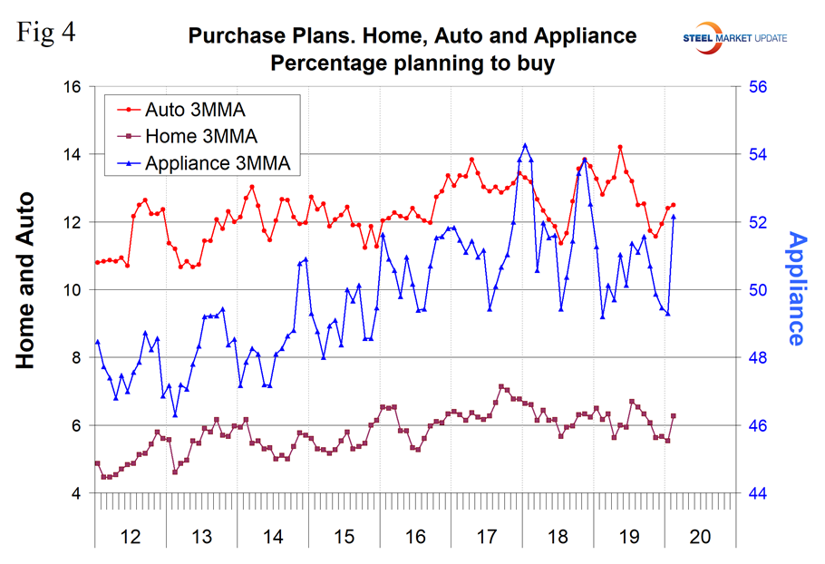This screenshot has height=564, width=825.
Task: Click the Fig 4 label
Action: click(46, 34)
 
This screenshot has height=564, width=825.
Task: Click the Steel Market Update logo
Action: click(735, 37)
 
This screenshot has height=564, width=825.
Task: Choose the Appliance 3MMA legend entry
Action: click(218, 163)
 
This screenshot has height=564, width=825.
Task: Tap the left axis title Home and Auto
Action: click(26, 280)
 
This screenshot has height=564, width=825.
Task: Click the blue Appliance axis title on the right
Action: click(795, 289)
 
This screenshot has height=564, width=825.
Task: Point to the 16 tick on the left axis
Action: click(72, 87)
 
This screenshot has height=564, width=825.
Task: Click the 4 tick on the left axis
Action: click(76, 494)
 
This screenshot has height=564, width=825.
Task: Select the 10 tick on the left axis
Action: click(72, 290)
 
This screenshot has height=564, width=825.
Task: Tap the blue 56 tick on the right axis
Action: click(758, 87)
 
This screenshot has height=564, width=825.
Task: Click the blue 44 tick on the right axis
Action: click(758, 494)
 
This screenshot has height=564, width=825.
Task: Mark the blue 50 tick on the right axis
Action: click(758, 290)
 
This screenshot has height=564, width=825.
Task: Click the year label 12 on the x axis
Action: click(131, 537)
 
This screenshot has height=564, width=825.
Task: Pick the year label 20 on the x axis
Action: click(698, 537)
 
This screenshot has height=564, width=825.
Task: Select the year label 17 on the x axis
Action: click(485, 537)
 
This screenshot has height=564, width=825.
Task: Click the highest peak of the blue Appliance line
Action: click(525, 144)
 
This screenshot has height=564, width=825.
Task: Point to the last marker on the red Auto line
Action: click(673, 205)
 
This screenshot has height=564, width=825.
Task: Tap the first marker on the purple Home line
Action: click(97, 463)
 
